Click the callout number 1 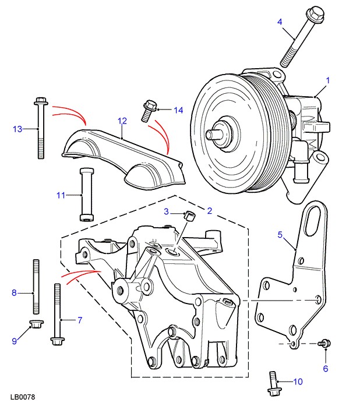(x=327, y=81)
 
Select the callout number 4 (x=280, y=22)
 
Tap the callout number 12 (x=122, y=121)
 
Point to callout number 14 (x=178, y=110)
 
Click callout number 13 (x=17, y=128)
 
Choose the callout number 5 (x=280, y=235)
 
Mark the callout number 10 (x=298, y=382)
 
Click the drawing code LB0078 (x=23, y=397)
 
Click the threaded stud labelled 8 (x=37, y=286)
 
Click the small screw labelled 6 (x=325, y=344)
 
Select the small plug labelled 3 (x=188, y=217)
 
